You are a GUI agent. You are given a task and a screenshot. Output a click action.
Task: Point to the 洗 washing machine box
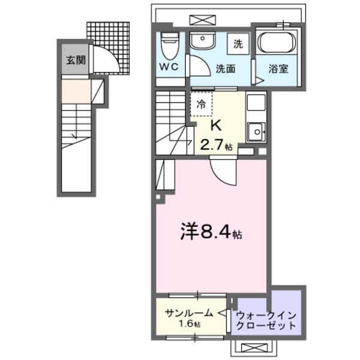[x=238, y=44]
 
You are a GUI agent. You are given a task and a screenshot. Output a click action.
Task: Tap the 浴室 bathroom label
[x=278, y=68]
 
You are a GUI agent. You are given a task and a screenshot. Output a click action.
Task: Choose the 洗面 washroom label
[x=225, y=68]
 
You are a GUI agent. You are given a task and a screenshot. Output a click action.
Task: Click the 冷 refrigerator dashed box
[x=202, y=104]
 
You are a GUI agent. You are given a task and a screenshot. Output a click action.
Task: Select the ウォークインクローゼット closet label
[x=266, y=320]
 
